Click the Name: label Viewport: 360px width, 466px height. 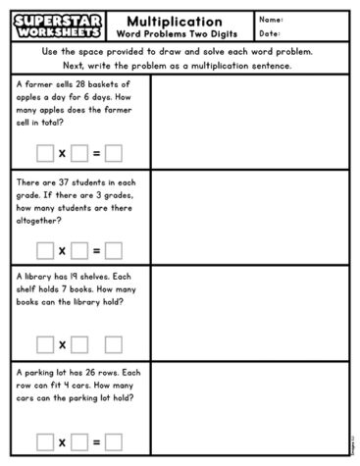pos(272,19)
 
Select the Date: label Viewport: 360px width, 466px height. pos(270,33)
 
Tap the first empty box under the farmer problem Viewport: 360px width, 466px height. pos(44,153)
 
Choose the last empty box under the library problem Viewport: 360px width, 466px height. pos(114,345)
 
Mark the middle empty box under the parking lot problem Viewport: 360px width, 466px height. pos(79,441)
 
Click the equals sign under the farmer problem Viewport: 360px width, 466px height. pos(97,153)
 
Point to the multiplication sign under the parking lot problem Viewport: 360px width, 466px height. pos(62,442)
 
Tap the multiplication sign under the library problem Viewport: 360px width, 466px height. pos(62,345)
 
